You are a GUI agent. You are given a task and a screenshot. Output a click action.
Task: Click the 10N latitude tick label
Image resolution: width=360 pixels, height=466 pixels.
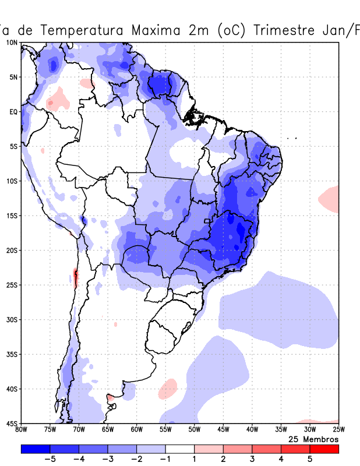click(x=12, y=43)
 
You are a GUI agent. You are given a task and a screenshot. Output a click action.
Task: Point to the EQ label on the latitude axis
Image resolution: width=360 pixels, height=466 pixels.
click(x=13, y=112)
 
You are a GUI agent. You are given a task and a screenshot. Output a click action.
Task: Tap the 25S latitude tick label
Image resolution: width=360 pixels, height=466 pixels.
click(x=12, y=285)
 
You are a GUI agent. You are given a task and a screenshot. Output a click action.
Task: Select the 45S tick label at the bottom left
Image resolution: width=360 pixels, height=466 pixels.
click(x=12, y=423)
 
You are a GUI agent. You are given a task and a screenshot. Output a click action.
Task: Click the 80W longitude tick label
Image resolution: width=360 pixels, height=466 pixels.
click(x=22, y=430)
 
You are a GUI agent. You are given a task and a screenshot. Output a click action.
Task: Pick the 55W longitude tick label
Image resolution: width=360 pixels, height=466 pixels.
click(x=165, y=430)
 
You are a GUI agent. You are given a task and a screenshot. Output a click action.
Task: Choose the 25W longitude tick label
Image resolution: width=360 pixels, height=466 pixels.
click(x=338, y=430)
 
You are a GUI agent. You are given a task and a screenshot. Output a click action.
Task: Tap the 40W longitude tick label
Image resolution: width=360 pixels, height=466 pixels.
click(x=252, y=430)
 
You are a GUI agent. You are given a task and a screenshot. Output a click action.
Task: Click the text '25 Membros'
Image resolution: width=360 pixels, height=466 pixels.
click(x=313, y=439)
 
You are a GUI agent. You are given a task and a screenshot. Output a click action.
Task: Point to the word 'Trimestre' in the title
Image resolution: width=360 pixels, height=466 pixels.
click(x=283, y=30)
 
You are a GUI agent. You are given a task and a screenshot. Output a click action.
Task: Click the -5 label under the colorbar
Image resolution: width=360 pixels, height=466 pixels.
click(x=50, y=459)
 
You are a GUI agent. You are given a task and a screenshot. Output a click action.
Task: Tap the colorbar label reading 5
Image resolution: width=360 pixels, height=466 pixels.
click(x=310, y=459)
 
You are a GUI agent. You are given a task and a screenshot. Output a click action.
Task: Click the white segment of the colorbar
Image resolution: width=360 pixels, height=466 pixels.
click(x=179, y=449)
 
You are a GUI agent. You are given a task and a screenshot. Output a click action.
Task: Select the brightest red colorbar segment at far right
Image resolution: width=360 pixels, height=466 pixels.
click(x=324, y=449)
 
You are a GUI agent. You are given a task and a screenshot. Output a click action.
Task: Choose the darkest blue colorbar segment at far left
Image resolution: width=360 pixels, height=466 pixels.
click(x=35, y=449)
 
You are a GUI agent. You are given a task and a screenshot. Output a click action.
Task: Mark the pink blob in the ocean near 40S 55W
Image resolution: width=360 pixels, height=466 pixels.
click(x=168, y=387)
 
